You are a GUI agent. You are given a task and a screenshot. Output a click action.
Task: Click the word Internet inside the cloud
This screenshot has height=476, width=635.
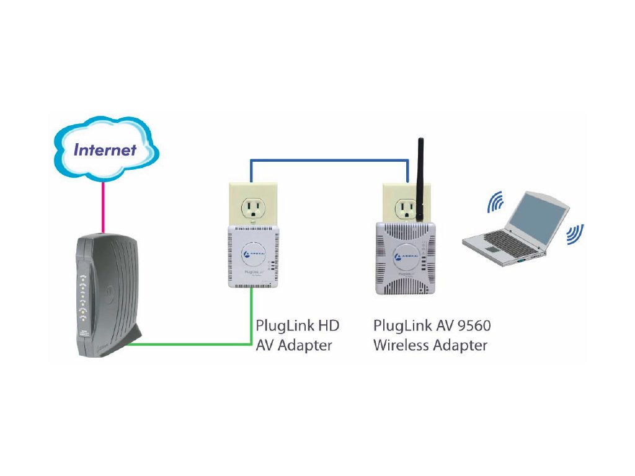coord(105,149)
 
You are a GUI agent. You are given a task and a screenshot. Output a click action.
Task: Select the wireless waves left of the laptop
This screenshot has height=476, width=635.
coord(495,204)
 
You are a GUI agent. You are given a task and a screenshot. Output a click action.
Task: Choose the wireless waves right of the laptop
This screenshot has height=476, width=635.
coord(575,234)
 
